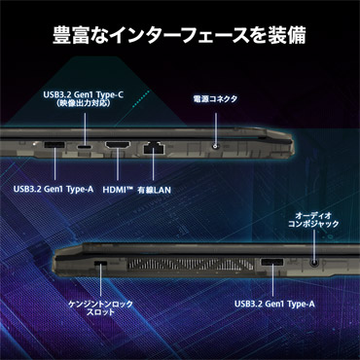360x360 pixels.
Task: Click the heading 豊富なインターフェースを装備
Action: point(179,35)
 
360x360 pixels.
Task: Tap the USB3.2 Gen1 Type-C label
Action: point(84,95)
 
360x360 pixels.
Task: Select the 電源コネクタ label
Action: point(215,99)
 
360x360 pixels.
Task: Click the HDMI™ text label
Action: point(118,190)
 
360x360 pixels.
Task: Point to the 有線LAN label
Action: point(154,190)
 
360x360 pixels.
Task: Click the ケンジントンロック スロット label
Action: point(100,307)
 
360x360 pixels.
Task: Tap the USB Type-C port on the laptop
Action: point(85,146)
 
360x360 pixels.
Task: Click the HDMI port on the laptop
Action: point(118,145)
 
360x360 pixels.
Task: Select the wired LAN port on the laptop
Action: point(154,148)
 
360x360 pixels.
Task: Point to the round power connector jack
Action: point(215,147)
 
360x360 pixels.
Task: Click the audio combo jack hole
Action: point(314,263)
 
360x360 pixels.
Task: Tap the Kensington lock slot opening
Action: point(100,263)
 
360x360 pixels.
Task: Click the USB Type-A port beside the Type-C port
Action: point(54,145)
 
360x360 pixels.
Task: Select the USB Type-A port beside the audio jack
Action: point(272,262)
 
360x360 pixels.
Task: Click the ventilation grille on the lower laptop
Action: point(190,264)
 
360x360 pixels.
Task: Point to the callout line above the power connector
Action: point(215,128)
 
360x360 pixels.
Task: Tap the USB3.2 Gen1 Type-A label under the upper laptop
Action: point(54,189)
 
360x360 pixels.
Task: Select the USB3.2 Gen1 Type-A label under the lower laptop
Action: point(274,305)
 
